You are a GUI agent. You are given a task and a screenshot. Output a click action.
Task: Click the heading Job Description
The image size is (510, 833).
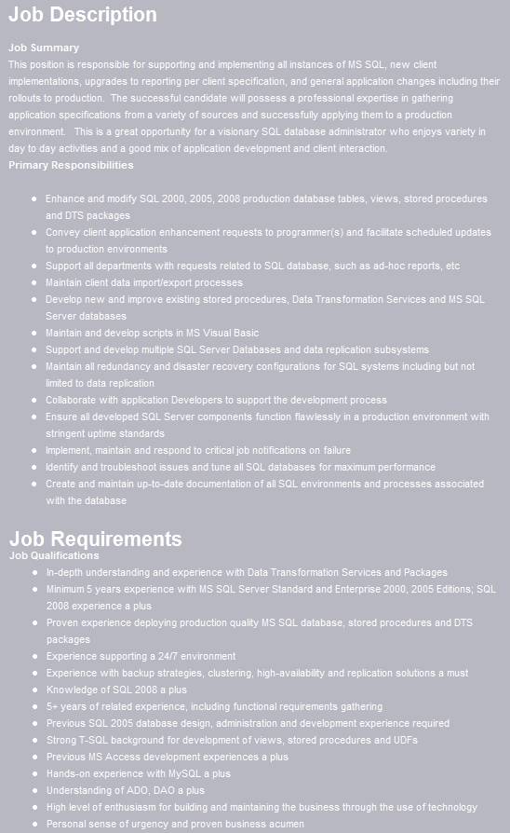(x=83, y=16)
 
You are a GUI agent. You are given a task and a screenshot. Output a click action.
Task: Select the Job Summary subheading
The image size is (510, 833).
(x=44, y=48)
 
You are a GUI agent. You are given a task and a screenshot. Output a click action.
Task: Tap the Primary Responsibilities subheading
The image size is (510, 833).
(x=71, y=165)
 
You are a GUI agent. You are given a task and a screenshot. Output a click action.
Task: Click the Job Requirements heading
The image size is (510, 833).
(x=95, y=539)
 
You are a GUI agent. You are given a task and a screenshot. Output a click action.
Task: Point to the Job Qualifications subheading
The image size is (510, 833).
(x=54, y=555)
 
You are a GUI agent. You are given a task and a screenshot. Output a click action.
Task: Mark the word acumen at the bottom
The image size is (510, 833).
(x=285, y=824)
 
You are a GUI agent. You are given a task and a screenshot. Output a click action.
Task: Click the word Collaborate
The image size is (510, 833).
(x=73, y=400)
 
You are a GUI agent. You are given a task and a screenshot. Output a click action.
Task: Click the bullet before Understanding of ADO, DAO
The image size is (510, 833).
(x=34, y=790)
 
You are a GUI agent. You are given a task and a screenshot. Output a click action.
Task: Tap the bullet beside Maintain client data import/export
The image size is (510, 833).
(x=34, y=282)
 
